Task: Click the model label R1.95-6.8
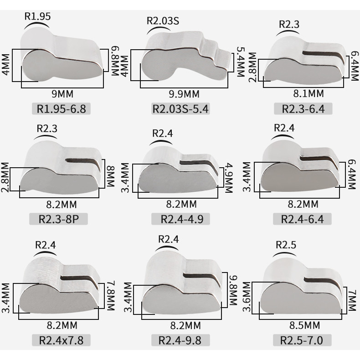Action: click(x=62, y=108)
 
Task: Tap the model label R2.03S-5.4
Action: click(x=181, y=108)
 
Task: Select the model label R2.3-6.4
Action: click(x=303, y=109)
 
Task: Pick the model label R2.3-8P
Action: click(x=58, y=219)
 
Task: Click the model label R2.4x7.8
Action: click(x=62, y=340)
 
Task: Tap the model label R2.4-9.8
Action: click(x=180, y=340)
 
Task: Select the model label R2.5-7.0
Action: click(x=302, y=340)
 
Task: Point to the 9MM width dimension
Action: click(x=62, y=94)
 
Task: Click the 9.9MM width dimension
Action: click(x=184, y=94)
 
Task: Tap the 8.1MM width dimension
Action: click(x=309, y=93)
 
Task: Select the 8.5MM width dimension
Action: click(x=304, y=325)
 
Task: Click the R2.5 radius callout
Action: click(x=286, y=245)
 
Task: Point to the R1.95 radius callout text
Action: click(x=37, y=16)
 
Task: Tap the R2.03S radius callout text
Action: click(x=163, y=21)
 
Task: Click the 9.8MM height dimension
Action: click(x=232, y=290)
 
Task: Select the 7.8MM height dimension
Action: click(x=111, y=295)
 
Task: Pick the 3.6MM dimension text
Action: click(x=247, y=297)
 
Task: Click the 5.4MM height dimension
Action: click(x=241, y=62)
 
